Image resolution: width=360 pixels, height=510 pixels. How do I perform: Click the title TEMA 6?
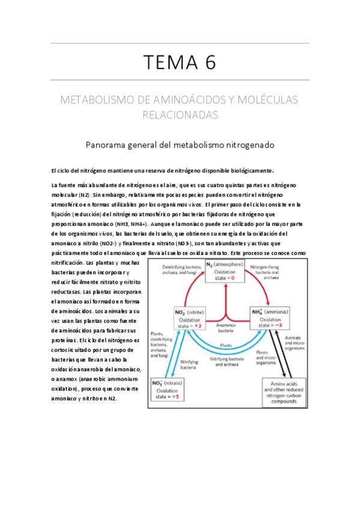pyautogui.click(x=180, y=61)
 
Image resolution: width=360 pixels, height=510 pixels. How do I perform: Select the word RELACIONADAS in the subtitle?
pyautogui.click(x=180, y=114)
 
